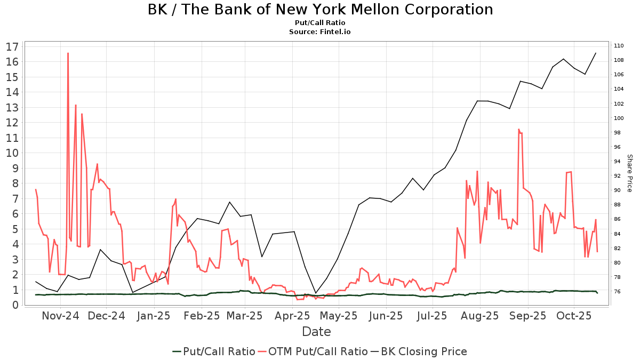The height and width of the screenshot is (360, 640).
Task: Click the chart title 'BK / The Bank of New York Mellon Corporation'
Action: tap(320, 10)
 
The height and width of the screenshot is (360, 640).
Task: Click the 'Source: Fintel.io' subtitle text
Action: tap(320, 31)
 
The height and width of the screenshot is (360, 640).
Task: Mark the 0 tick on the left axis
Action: tap(16, 305)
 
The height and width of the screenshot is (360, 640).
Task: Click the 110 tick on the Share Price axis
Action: tap(619, 45)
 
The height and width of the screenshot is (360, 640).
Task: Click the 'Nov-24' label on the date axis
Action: tap(60, 315)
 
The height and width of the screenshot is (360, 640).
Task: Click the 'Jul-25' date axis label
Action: tap(432, 315)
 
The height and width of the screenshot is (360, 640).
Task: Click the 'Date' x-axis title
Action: tap(316, 332)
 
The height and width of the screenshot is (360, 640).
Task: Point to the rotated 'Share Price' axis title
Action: tap(629, 173)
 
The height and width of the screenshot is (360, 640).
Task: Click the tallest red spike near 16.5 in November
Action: tap(68, 53)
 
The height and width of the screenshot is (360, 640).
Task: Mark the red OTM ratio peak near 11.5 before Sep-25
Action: tap(518, 129)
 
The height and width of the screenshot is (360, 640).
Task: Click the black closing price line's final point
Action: tap(596, 53)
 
